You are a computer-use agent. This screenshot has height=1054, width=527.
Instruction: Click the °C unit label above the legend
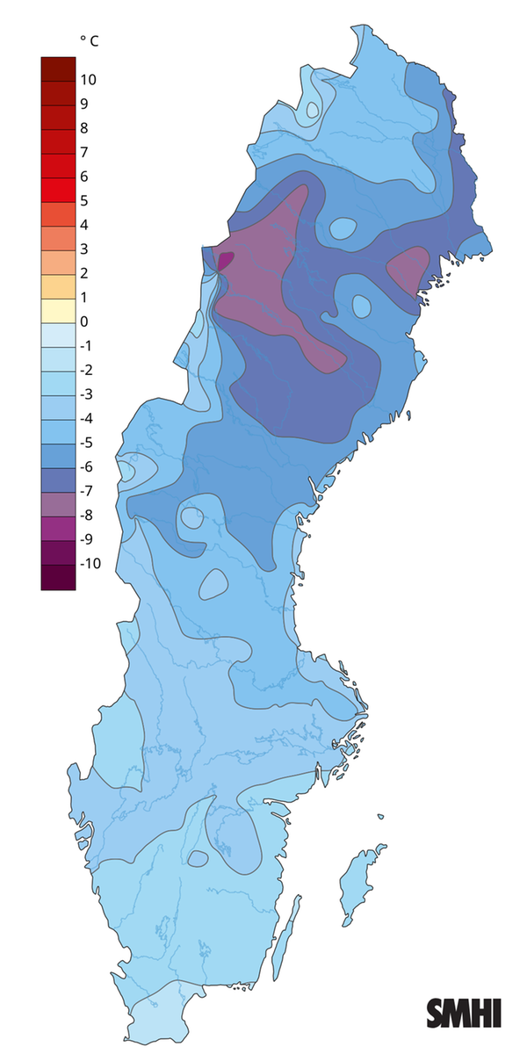coord(89,40)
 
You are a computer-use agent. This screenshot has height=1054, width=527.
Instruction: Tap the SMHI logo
coord(464,1012)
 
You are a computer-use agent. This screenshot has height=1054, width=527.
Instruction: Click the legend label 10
coord(89,80)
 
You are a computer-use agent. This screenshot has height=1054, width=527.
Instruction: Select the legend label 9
coord(84,104)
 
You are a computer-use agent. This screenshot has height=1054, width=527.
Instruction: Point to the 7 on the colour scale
coord(84,152)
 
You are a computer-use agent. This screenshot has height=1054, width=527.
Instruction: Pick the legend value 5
coord(84,200)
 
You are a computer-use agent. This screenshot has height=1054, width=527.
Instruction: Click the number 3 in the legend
coord(84,249)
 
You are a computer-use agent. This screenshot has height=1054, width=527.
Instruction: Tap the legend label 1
coord(84,297)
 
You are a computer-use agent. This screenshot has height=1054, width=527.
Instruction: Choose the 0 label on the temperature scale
coord(84,321)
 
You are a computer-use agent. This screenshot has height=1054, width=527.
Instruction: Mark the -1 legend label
coord(87,345)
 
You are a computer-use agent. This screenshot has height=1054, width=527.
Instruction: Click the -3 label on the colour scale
coord(87,393)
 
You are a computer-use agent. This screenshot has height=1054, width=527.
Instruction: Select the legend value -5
coord(87,442)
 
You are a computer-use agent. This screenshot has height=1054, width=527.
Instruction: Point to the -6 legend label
coord(87,466)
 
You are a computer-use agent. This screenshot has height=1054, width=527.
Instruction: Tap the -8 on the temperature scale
coord(87,515)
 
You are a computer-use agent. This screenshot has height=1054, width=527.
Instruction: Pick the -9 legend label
coord(87,538)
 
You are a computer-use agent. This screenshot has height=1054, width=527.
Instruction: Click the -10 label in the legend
coord(90,563)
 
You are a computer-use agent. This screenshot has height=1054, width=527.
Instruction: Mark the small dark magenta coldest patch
coord(226,259)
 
